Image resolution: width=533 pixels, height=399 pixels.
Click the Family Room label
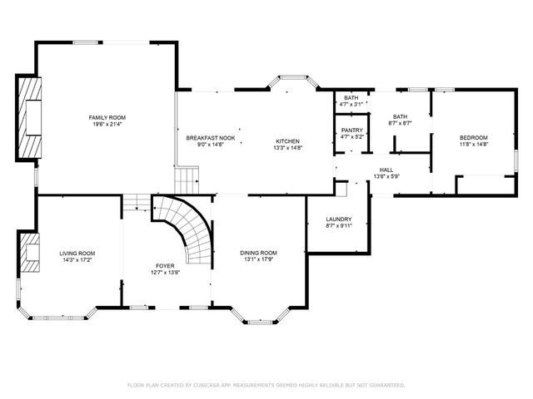coord(107,117)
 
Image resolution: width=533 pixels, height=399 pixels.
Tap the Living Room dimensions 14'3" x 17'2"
coord(77,261)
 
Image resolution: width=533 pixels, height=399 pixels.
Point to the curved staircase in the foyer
coord(187,229)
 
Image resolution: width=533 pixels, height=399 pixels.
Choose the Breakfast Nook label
coord(210,137)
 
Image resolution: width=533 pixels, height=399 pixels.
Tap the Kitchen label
coord(287,141)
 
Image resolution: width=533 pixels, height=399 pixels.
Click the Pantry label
coord(351,130)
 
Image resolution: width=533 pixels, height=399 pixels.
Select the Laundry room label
coord(339,219)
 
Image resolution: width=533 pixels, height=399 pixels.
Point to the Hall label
coord(386,170)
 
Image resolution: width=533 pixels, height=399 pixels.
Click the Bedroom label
coord(473,137)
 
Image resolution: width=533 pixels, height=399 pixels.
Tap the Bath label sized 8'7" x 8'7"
coord(401,116)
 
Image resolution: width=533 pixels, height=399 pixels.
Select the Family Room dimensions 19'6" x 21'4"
coord(107,125)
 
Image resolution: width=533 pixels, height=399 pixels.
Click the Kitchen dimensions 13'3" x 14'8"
coord(287,148)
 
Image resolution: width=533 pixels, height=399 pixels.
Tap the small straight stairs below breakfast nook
coord(188,178)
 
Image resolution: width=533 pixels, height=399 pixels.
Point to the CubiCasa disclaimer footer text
coord(266,385)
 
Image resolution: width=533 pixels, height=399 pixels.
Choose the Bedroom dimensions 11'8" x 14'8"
coord(473,144)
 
